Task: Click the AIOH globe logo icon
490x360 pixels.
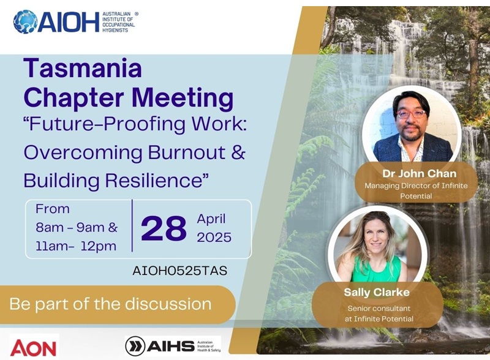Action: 25,21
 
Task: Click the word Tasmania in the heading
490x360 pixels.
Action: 83,68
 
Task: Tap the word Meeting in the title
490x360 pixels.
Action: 183,98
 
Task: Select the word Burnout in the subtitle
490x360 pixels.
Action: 187,152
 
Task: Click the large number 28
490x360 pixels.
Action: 164,229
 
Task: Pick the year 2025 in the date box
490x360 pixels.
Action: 214,238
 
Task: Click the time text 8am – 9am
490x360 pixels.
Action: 70,228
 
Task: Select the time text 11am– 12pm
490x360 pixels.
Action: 76,246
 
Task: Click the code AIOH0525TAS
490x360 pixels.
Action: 179,271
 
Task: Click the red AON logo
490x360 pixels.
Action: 33,348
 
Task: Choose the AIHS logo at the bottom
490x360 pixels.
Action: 173,346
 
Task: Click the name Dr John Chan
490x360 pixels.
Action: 420,173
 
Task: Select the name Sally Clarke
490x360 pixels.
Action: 377,292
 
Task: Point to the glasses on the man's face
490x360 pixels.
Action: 411,114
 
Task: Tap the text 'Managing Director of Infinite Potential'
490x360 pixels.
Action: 417,190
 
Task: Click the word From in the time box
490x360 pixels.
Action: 53,209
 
